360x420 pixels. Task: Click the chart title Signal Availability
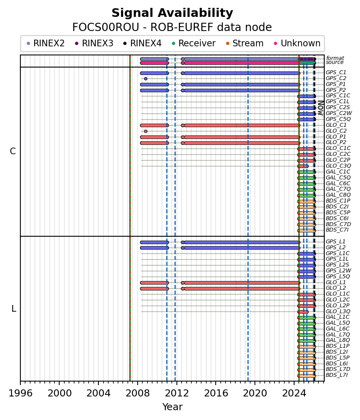[x=172, y=13]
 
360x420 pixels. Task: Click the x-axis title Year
[x=172, y=407]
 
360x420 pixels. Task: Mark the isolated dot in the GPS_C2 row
[x=145, y=79]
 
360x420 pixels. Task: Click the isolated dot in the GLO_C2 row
[x=145, y=131]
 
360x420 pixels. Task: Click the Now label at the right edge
[x=320, y=108]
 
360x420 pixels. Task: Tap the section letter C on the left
[x=13, y=152]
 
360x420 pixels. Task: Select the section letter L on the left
[x=14, y=309]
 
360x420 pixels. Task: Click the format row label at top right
[x=335, y=58]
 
